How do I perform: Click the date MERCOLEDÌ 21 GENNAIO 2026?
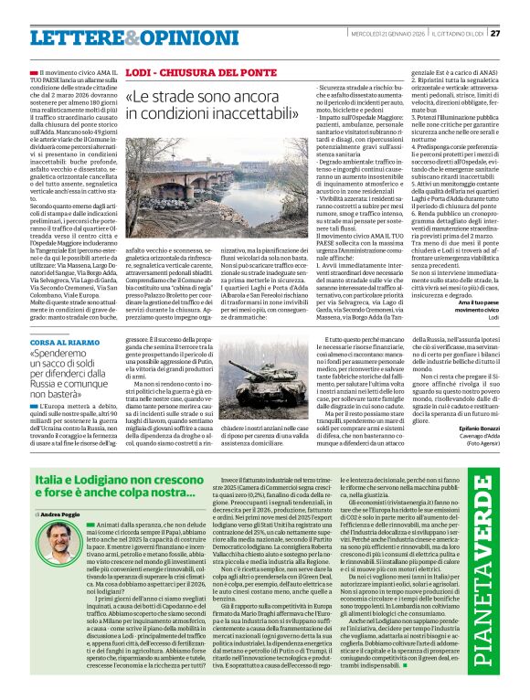[x=384, y=35]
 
